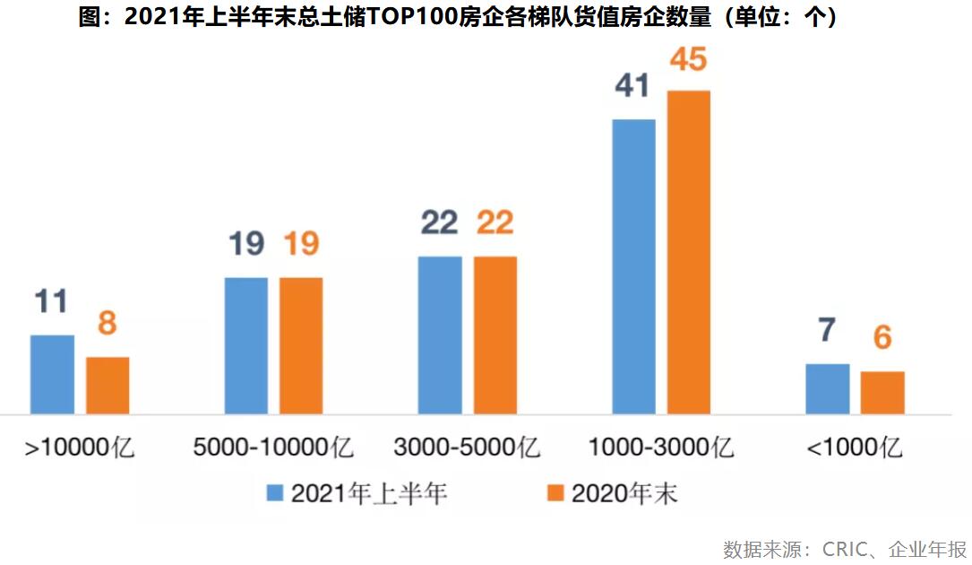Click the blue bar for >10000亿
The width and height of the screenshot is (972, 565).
[x=53, y=375]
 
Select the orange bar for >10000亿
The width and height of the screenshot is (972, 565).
[x=108, y=386]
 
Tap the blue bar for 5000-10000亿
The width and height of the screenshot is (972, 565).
[x=246, y=346]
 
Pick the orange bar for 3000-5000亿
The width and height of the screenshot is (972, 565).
[x=495, y=335]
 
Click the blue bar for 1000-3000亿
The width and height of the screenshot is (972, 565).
[x=633, y=266]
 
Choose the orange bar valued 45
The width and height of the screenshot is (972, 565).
[x=688, y=252]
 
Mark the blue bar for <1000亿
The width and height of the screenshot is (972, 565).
[x=827, y=389]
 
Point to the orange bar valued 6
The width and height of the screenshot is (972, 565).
[x=882, y=393]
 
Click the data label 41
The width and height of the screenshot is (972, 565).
[x=633, y=86]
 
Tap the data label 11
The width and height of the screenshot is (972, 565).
[x=51, y=301]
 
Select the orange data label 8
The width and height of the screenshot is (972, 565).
[x=108, y=323]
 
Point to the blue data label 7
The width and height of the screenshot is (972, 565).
[x=827, y=330]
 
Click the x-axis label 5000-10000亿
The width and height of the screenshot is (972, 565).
[x=274, y=447]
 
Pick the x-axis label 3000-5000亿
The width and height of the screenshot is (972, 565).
[x=467, y=447]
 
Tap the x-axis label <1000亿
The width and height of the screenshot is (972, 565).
[x=855, y=447]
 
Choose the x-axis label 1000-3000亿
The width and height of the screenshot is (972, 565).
[x=661, y=447]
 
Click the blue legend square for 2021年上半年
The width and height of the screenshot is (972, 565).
[x=274, y=493]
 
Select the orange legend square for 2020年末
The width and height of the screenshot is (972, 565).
[x=555, y=493]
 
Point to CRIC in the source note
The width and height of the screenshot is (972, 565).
[x=845, y=549]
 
